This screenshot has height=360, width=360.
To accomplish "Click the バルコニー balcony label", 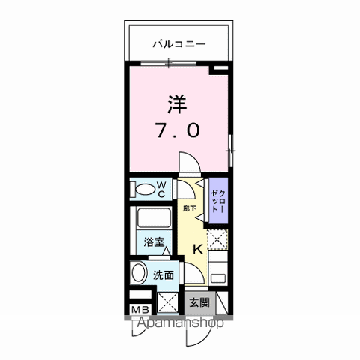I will click(179, 43).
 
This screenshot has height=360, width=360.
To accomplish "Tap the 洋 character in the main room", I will click(177, 103).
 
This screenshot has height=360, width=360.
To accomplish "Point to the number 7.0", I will click(178, 130).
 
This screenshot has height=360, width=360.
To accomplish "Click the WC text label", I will click(160, 188).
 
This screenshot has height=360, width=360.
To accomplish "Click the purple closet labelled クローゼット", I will click(217, 200).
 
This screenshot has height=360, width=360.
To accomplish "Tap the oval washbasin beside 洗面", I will click(138, 274).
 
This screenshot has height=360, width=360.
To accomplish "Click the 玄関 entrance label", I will click(199, 302).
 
